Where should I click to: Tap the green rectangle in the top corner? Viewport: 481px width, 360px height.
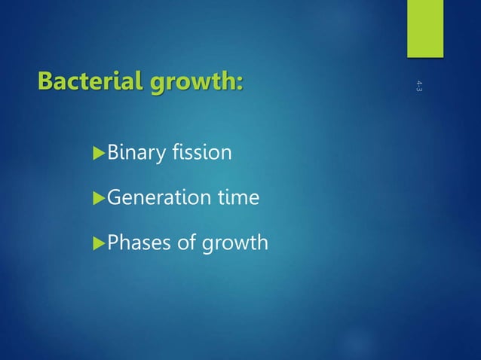pos(426,29)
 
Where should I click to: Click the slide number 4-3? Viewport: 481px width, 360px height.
pos(418,86)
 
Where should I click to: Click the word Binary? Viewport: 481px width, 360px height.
pos(136,154)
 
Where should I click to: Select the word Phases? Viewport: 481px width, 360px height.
pos(136,243)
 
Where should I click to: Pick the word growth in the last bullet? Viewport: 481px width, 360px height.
pos(231,243)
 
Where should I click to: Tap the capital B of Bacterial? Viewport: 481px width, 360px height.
pos(46,80)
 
